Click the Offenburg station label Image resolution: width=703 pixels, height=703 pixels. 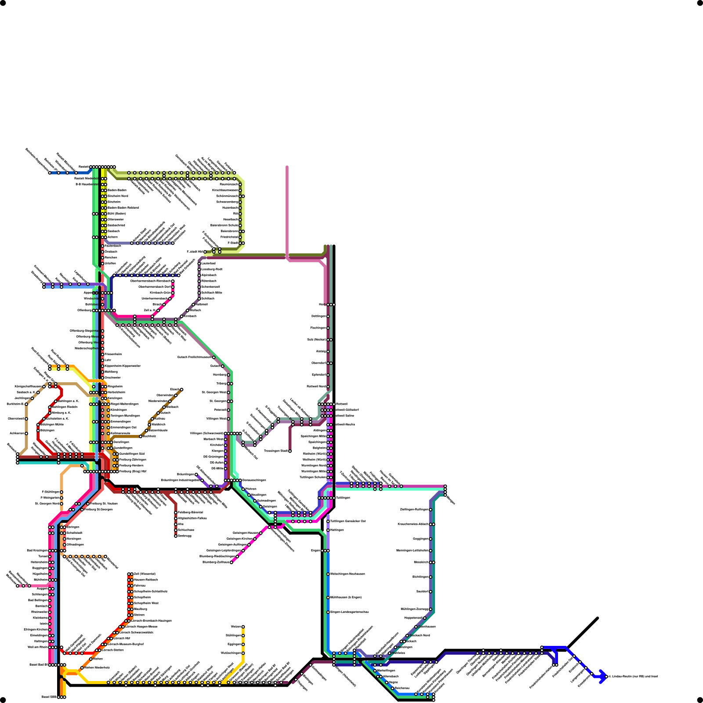(84, 311)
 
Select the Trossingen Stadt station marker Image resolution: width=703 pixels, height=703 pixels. (290, 451)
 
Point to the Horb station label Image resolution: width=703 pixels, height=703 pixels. (322, 304)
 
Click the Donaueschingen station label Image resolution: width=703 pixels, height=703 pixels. (254, 480)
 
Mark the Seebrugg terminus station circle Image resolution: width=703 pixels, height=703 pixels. (176, 536)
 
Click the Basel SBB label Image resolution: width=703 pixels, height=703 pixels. (49, 697)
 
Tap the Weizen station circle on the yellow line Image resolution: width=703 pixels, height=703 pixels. (243, 627)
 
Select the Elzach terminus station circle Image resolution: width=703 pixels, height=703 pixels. (181, 390)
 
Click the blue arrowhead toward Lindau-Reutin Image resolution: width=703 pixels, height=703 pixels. (603, 677)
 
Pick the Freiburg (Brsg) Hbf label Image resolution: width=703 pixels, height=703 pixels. (132, 471)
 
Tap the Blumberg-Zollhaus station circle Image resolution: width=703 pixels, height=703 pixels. (232, 562)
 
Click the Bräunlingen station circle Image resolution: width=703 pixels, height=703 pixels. (196, 475)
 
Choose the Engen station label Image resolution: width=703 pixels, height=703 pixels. (315, 551)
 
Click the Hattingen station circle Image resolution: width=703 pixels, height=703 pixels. (328, 530)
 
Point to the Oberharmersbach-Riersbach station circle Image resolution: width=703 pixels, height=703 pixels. (173, 281)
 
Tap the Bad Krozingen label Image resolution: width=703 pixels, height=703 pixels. (37, 551)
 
